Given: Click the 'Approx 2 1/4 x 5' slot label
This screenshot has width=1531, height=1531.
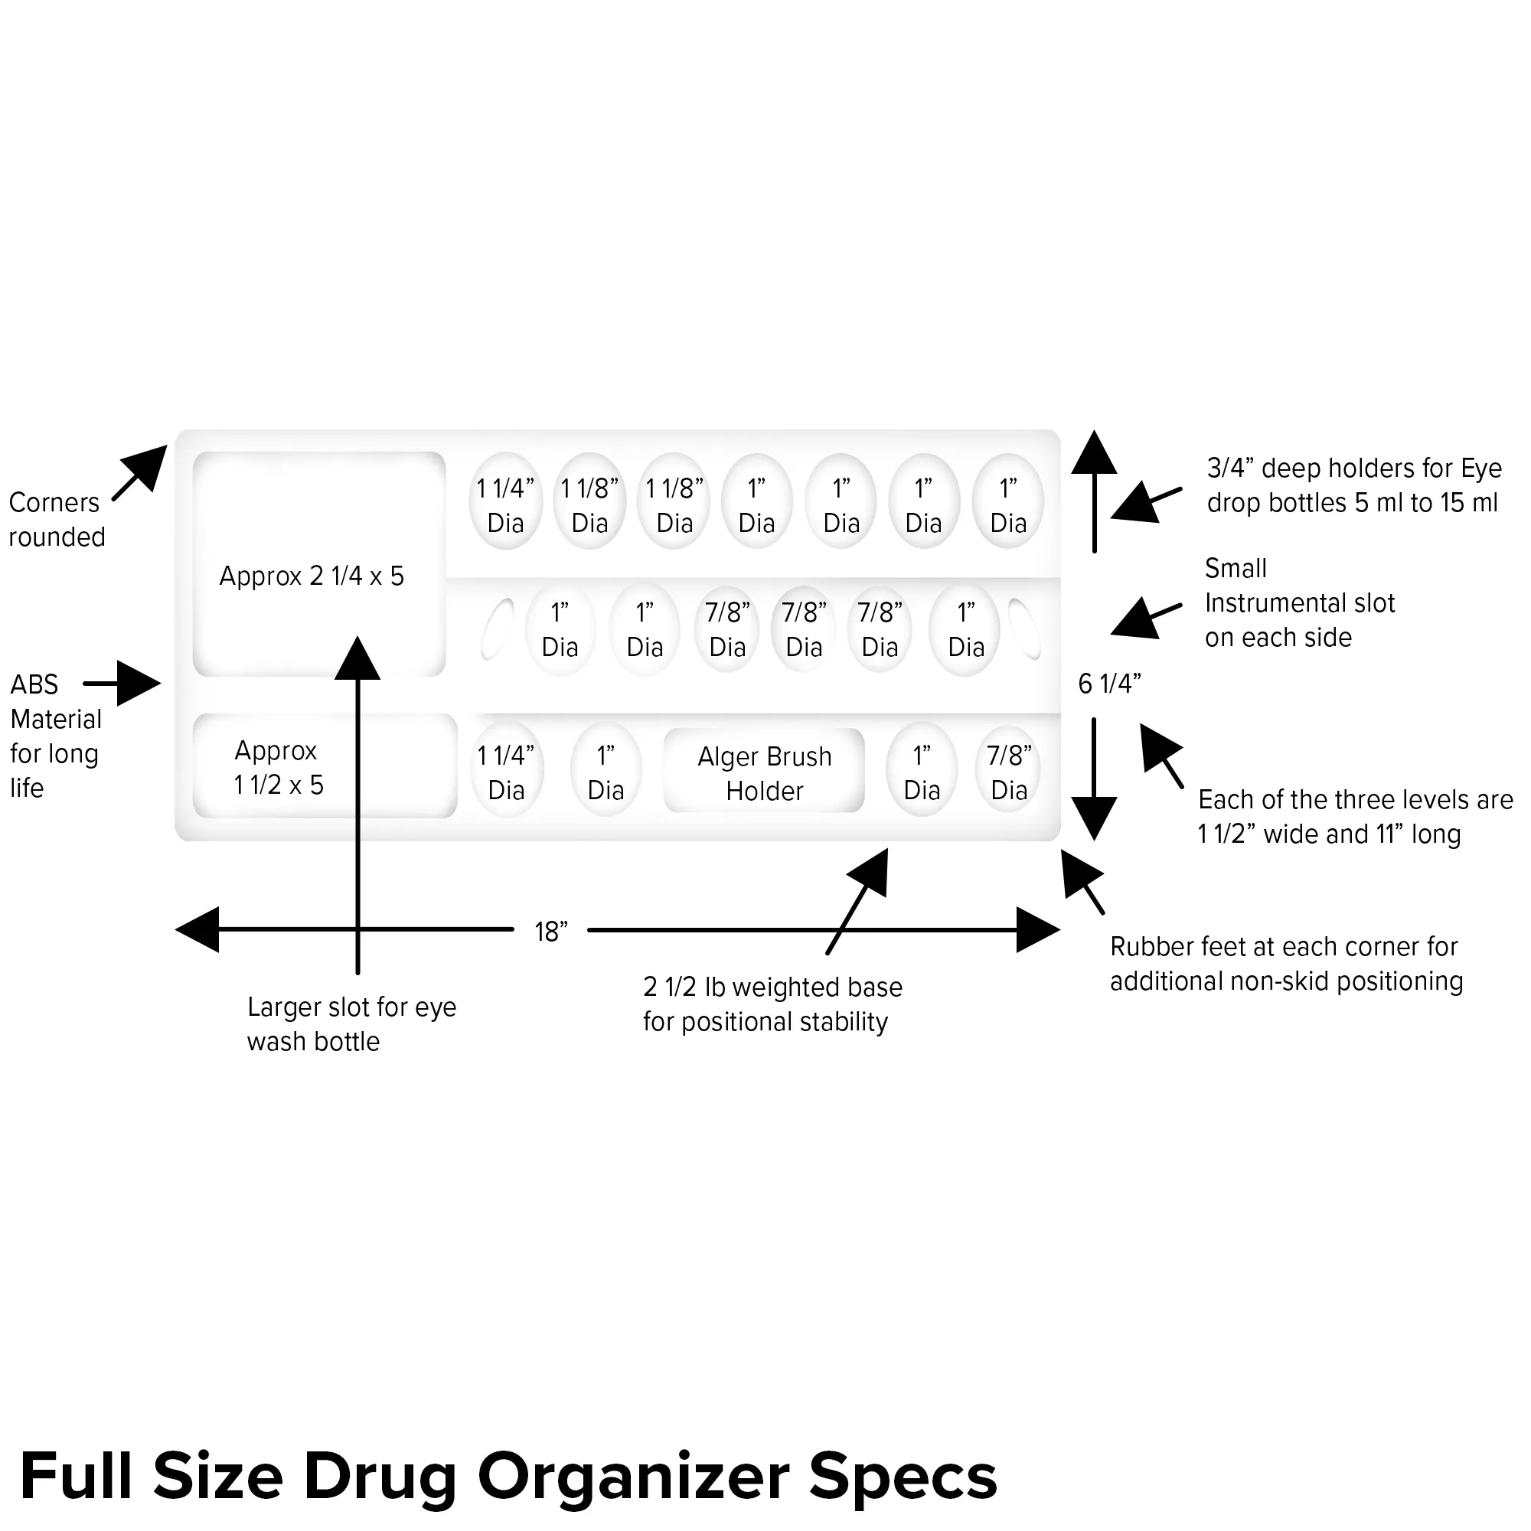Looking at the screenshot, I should (312, 576).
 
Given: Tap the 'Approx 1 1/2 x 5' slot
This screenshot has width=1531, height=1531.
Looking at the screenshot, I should (278, 767).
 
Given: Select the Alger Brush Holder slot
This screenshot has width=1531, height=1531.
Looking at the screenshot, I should (764, 772).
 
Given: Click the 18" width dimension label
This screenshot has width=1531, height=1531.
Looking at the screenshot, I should (550, 932).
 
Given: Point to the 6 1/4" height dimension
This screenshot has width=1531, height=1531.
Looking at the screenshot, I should (1108, 683).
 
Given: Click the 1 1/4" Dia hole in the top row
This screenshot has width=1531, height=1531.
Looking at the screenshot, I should (505, 504).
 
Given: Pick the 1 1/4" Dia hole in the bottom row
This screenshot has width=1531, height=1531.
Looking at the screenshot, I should (505, 772).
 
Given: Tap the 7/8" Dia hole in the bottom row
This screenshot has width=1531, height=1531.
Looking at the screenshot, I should (1009, 772).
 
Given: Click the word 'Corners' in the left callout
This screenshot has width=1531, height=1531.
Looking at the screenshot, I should (54, 502).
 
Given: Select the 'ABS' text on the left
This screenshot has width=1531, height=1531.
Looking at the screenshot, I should (34, 684).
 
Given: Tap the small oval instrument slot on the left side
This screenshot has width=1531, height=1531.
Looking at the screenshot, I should (497, 628).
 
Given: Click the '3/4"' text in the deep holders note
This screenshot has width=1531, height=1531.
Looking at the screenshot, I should (1229, 468).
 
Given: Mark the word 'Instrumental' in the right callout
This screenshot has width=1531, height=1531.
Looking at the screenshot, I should (1300, 603).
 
